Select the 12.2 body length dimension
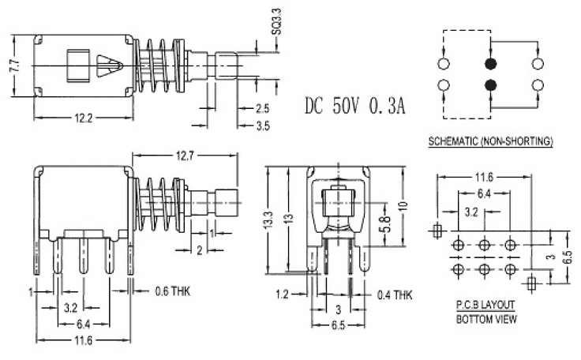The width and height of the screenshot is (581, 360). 82,118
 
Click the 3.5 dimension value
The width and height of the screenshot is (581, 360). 262,124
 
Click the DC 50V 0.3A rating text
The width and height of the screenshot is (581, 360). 354,104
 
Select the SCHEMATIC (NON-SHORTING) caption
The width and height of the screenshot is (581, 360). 489,142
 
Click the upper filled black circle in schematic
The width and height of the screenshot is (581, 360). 490,63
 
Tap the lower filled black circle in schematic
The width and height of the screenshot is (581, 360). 490,84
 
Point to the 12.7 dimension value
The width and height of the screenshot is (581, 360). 185,156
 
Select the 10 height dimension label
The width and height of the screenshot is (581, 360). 404,206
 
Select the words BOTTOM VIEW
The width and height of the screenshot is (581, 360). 487,319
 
